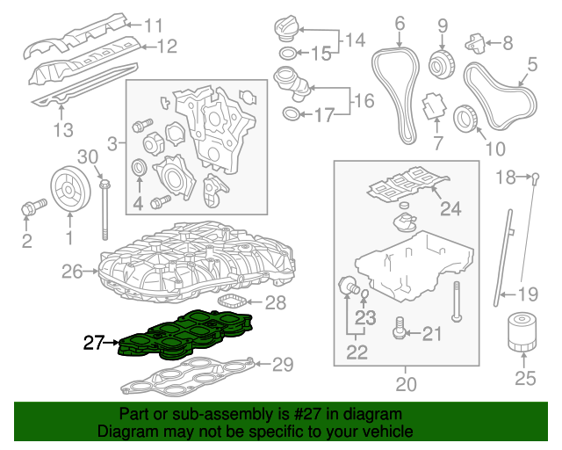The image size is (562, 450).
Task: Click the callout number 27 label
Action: click(x=94, y=343)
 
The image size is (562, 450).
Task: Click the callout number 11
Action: click(x=154, y=25)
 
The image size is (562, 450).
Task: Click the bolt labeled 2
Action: click(x=32, y=209)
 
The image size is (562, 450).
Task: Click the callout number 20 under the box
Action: click(x=405, y=383)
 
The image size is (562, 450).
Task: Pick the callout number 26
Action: click(x=73, y=272)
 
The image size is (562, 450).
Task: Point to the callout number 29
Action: click(x=282, y=364)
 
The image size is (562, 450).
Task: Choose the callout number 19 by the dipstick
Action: click(x=525, y=294)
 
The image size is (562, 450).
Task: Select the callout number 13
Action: click(x=61, y=131)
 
